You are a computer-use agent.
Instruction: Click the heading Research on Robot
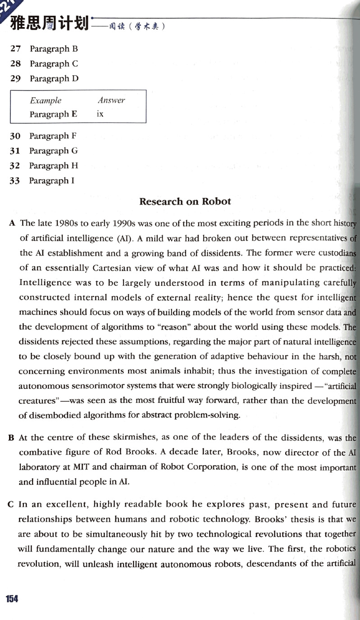(185, 201)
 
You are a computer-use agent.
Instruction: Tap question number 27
(15, 49)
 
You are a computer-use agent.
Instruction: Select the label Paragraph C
(54, 63)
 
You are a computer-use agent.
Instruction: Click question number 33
(15, 181)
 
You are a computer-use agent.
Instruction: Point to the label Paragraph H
(53, 166)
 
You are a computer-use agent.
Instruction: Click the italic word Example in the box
(46, 100)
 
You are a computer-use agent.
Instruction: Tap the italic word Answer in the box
(111, 100)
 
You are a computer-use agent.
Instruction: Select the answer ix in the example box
(100, 114)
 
